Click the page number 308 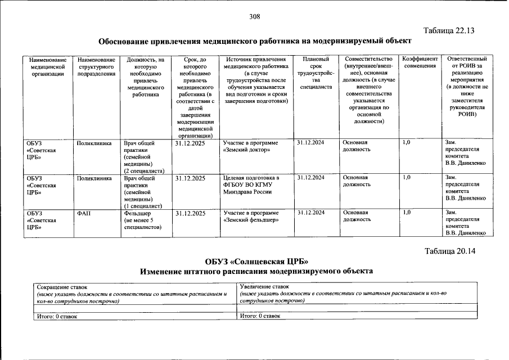coord(254,17)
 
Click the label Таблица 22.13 coord(450,31)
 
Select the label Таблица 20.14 coord(450,251)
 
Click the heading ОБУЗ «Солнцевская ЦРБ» coord(256,262)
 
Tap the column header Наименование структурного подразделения coord(97,66)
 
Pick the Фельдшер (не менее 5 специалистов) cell coord(143,220)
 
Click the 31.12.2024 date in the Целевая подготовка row coord(310,178)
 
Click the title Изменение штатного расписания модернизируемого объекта coord(256,271)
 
